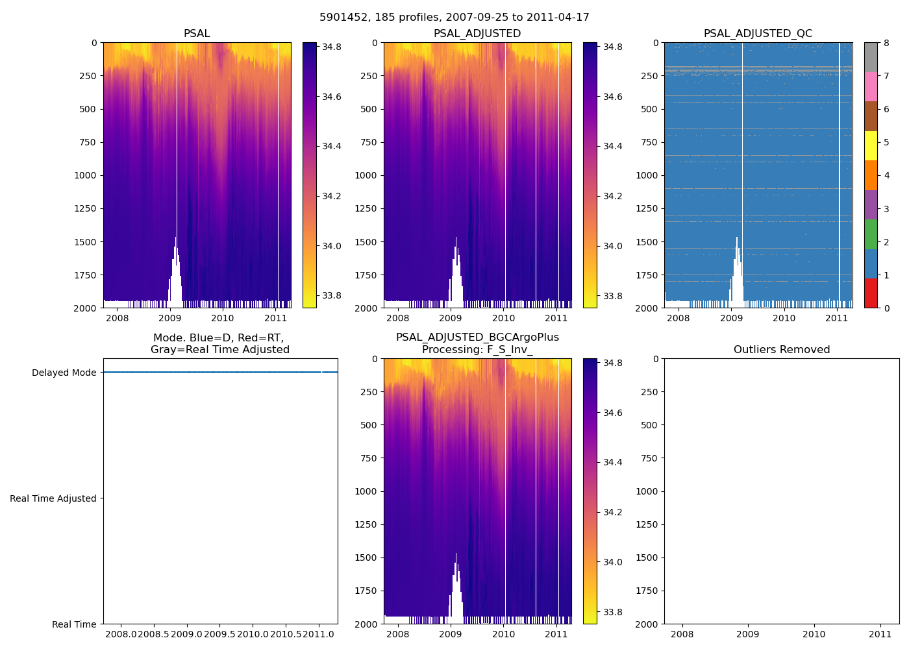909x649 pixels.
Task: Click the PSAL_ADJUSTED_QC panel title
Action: click(x=758, y=34)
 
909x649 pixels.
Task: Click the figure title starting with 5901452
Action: click(x=454, y=18)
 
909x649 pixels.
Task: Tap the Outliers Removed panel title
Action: click(x=782, y=350)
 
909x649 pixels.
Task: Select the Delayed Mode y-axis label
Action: click(x=64, y=373)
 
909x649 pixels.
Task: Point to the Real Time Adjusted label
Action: click(x=53, y=498)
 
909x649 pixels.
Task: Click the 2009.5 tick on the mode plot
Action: click(x=221, y=633)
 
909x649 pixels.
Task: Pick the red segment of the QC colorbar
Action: click(x=871, y=293)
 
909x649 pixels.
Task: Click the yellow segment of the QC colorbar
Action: click(x=871, y=145)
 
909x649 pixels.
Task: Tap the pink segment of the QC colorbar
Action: click(x=871, y=86)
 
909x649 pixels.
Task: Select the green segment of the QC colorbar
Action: click(x=871, y=234)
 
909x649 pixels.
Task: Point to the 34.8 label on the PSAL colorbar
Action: click(x=332, y=47)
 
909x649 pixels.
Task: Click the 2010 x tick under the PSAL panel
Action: click(x=223, y=318)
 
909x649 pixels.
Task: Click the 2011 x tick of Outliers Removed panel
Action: click(x=880, y=634)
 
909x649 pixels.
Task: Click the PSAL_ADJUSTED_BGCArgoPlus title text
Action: click(x=477, y=337)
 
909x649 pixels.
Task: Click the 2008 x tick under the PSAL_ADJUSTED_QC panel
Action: click(x=679, y=318)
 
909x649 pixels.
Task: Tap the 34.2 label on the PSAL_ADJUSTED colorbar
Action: click(x=612, y=196)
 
